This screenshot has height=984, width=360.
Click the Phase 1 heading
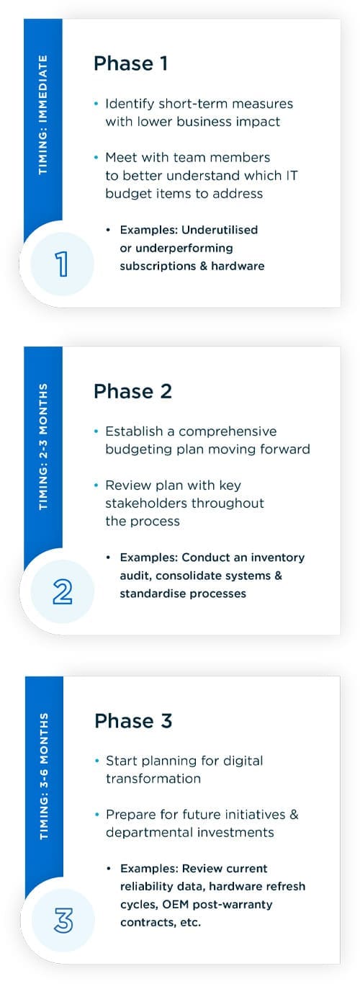point(130,63)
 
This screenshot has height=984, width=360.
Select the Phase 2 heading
point(132,391)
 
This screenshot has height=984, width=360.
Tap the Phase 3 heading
point(133,720)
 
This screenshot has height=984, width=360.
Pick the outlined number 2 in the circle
point(62,591)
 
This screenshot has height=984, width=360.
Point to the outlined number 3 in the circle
point(63,921)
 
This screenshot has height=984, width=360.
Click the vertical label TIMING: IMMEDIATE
point(43,116)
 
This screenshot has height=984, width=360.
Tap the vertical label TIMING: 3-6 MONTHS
point(44,776)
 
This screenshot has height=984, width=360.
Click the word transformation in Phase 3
point(153,779)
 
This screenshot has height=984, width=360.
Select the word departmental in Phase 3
point(147,832)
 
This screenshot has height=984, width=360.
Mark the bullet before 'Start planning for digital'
point(97,761)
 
